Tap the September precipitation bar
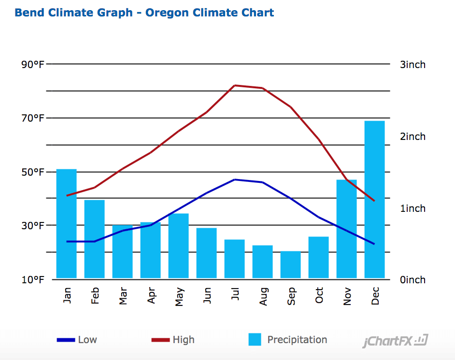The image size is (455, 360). (x=291, y=264)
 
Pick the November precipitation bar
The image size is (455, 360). (x=346, y=229)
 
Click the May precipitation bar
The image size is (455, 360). (x=179, y=246)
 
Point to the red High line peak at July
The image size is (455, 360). (x=235, y=85)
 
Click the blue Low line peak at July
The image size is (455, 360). (x=235, y=180)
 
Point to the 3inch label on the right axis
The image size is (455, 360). (x=412, y=65)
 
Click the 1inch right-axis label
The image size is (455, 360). (x=412, y=208)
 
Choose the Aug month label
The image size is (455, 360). (x=263, y=294)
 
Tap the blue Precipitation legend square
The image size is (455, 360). (x=255, y=339)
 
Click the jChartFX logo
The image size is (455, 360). (x=395, y=342)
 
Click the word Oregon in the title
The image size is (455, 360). (x=167, y=13)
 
